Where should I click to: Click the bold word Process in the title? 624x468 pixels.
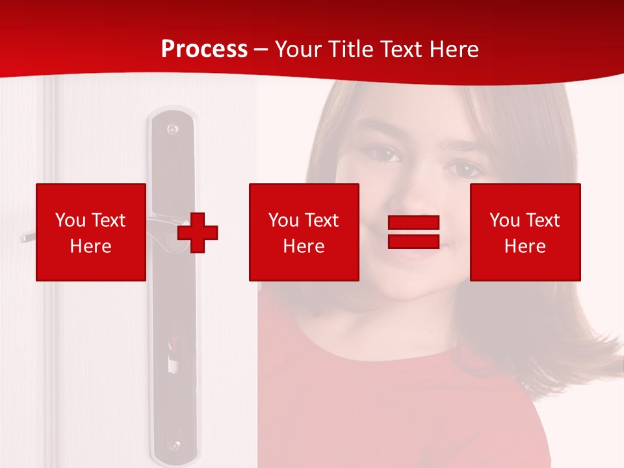(204, 49)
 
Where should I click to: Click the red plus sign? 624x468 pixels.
(198, 232)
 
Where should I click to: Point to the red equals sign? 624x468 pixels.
(414, 232)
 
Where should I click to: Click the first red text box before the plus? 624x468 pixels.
(91, 232)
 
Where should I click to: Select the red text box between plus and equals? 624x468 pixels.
(304, 232)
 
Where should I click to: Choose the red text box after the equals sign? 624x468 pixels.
(525, 232)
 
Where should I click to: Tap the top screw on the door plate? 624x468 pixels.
(172, 129)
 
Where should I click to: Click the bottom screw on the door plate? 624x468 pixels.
(174, 446)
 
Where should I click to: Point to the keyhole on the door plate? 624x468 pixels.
(173, 357)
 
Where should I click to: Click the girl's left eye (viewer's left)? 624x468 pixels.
(385, 155)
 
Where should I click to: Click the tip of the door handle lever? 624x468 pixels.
(25, 238)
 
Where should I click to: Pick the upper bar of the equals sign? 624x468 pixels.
(414, 222)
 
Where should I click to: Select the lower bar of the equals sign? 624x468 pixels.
(414, 241)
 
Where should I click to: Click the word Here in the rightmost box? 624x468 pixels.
(525, 246)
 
